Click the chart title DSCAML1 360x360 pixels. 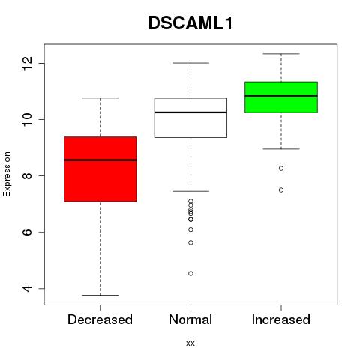click(190, 23)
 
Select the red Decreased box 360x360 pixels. click(100, 169)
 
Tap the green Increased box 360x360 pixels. click(281, 97)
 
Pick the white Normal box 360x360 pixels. click(190, 118)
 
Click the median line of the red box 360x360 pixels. click(100, 160)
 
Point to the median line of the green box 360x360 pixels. click(281, 96)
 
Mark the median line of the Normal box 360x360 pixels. click(190, 112)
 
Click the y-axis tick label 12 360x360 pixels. click(27, 63)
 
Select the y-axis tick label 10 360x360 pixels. click(27, 119)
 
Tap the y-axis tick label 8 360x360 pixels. click(27, 175)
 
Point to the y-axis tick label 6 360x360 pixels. click(27, 232)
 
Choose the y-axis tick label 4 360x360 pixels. click(27, 288)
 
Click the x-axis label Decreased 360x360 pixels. click(100, 319)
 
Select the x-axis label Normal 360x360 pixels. click(190, 319)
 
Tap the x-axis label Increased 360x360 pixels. click(281, 319)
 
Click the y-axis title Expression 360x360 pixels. click(7, 174)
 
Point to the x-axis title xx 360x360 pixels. click(190, 343)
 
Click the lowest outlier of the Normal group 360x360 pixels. click(190, 274)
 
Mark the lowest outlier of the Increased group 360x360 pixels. click(281, 190)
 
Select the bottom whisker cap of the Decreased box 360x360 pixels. click(100, 295)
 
